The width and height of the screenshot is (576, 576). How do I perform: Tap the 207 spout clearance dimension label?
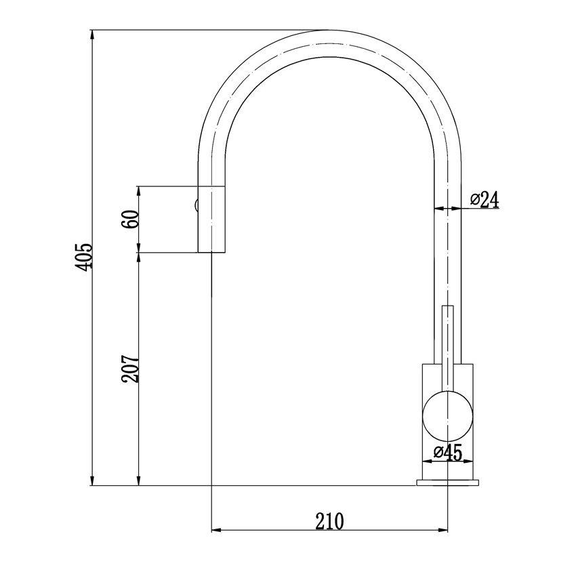pos(130,369)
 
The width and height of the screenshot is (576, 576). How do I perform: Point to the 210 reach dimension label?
pos(330,520)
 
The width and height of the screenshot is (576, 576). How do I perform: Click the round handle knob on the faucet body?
pos(447,415)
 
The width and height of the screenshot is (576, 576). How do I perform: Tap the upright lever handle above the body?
pos(447,335)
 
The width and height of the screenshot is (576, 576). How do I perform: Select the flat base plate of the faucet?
pos(447,482)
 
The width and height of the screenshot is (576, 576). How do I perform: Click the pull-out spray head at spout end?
pos(210,219)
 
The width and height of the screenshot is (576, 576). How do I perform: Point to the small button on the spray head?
pos(195,205)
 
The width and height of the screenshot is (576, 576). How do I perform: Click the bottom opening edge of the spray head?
pos(210,253)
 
